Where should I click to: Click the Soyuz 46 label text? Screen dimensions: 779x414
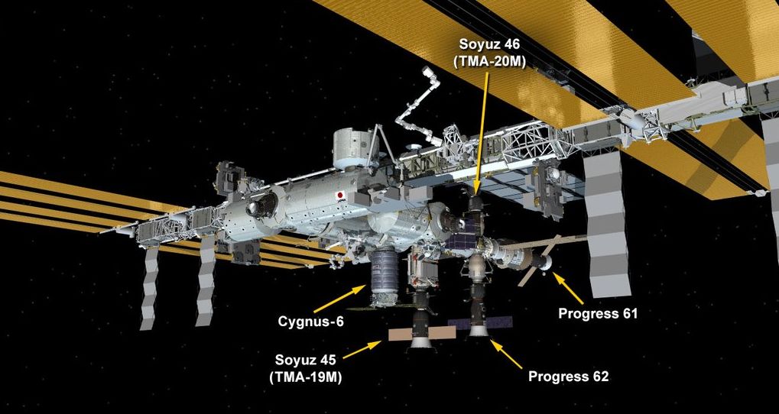pyautogui.click(x=488, y=44)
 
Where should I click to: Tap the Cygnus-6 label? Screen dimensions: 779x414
pyautogui.click(x=310, y=321)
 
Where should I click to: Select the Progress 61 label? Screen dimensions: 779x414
pyautogui.click(x=598, y=314)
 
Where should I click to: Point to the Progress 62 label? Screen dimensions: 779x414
pyautogui.click(x=568, y=377)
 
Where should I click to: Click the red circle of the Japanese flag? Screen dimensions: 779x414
pyautogui.click(x=340, y=195)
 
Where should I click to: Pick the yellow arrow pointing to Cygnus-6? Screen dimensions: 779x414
pyautogui.click(x=341, y=299)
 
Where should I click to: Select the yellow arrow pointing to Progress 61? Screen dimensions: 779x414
pyautogui.click(x=568, y=288)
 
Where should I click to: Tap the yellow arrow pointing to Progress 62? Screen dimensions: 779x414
pyautogui.click(x=506, y=354)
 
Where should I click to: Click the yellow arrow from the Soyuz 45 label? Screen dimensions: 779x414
pyautogui.click(x=362, y=350)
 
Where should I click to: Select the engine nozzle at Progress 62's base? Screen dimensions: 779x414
pyautogui.click(x=479, y=330)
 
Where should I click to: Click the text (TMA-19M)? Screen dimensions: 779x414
pyautogui.click(x=306, y=377)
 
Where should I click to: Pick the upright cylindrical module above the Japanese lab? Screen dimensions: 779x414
pyautogui.click(x=350, y=147)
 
